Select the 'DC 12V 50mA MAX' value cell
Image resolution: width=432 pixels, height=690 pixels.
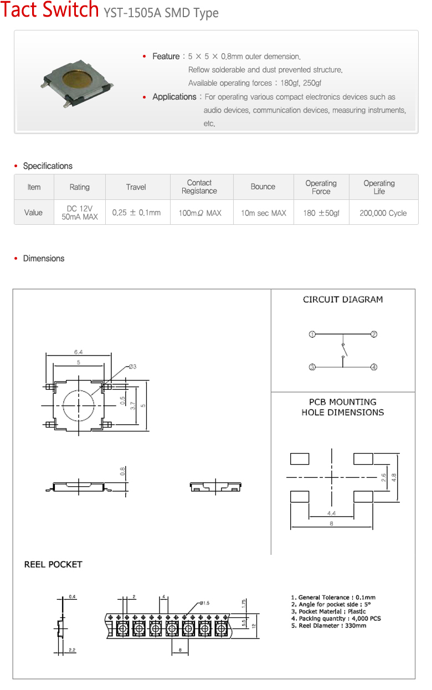coord(79,213)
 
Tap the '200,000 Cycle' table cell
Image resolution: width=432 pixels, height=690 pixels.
coord(383,213)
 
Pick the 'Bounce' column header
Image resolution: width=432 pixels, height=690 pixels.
coord(263,187)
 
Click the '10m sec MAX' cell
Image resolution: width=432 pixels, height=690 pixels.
coord(263,213)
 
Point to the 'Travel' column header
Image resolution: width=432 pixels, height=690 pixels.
coord(136,187)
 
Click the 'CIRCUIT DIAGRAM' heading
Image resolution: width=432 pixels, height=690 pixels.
coord(343,300)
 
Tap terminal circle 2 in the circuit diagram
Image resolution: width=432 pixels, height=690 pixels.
coord(374,334)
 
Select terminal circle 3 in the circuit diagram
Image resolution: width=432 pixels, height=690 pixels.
coord(312,367)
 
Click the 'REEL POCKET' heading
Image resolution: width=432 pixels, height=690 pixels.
coord(53,565)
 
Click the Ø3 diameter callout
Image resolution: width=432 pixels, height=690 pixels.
coord(133,367)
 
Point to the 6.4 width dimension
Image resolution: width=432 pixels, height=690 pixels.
coord(79,352)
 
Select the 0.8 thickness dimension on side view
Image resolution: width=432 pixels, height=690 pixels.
coord(123,471)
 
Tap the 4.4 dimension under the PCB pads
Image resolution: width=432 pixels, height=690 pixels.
coord(331,513)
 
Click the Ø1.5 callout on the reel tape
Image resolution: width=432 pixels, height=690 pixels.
coord(204,603)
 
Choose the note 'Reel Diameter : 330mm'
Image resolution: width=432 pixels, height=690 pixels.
coord(328,626)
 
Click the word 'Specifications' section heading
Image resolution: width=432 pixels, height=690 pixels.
coord(48,166)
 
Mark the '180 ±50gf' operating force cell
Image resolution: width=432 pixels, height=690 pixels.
coord(321,213)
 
